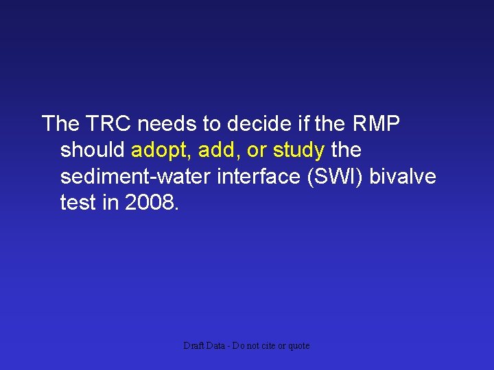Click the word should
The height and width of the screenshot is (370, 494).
point(93,150)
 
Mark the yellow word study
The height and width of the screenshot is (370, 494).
point(298,150)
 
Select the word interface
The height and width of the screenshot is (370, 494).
point(258,176)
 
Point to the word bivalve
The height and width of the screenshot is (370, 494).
point(403,176)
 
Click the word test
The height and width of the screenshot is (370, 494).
point(77,202)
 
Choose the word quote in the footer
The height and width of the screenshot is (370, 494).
point(298,346)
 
